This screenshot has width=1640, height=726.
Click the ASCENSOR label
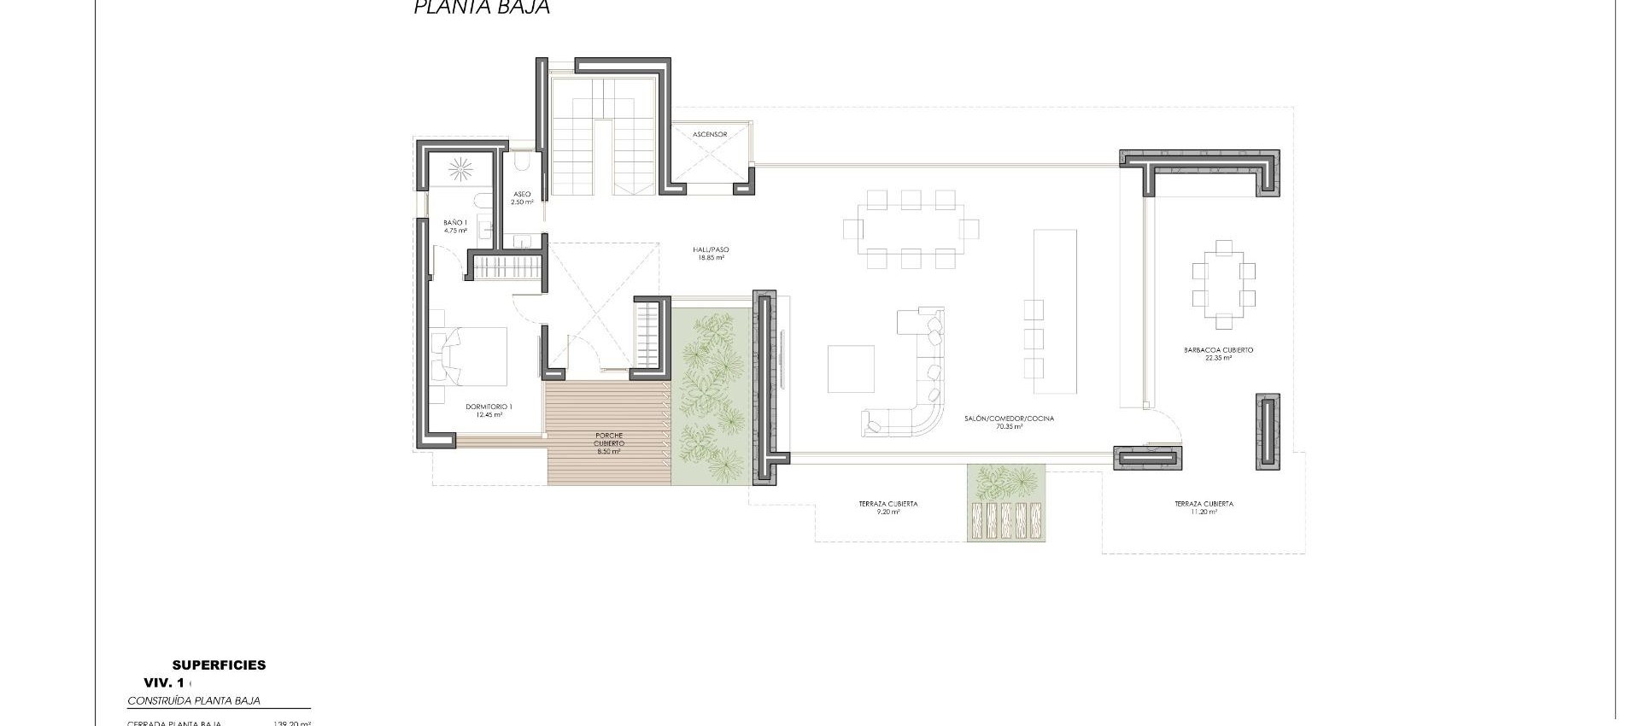(x=710, y=135)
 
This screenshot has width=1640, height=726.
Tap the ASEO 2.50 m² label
(x=522, y=198)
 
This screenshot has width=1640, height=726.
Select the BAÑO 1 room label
(x=455, y=226)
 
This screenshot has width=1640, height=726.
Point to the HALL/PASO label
(x=711, y=253)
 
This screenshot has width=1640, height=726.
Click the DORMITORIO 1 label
(x=489, y=410)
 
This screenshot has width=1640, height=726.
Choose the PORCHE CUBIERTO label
(x=610, y=443)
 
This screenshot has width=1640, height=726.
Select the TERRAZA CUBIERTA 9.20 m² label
(x=888, y=507)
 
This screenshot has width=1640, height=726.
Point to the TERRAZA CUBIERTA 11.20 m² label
(x=1204, y=507)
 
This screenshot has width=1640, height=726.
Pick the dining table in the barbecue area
(x=1223, y=284)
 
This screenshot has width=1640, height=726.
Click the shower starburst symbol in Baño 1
(x=466, y=168)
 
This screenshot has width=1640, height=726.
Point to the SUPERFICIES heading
(x=219, y=665)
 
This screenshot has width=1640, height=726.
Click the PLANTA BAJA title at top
(x=482, y=8)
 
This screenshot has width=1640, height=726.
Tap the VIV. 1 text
(x=165, y=682)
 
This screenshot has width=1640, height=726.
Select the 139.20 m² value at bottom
(x=291, y=723)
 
